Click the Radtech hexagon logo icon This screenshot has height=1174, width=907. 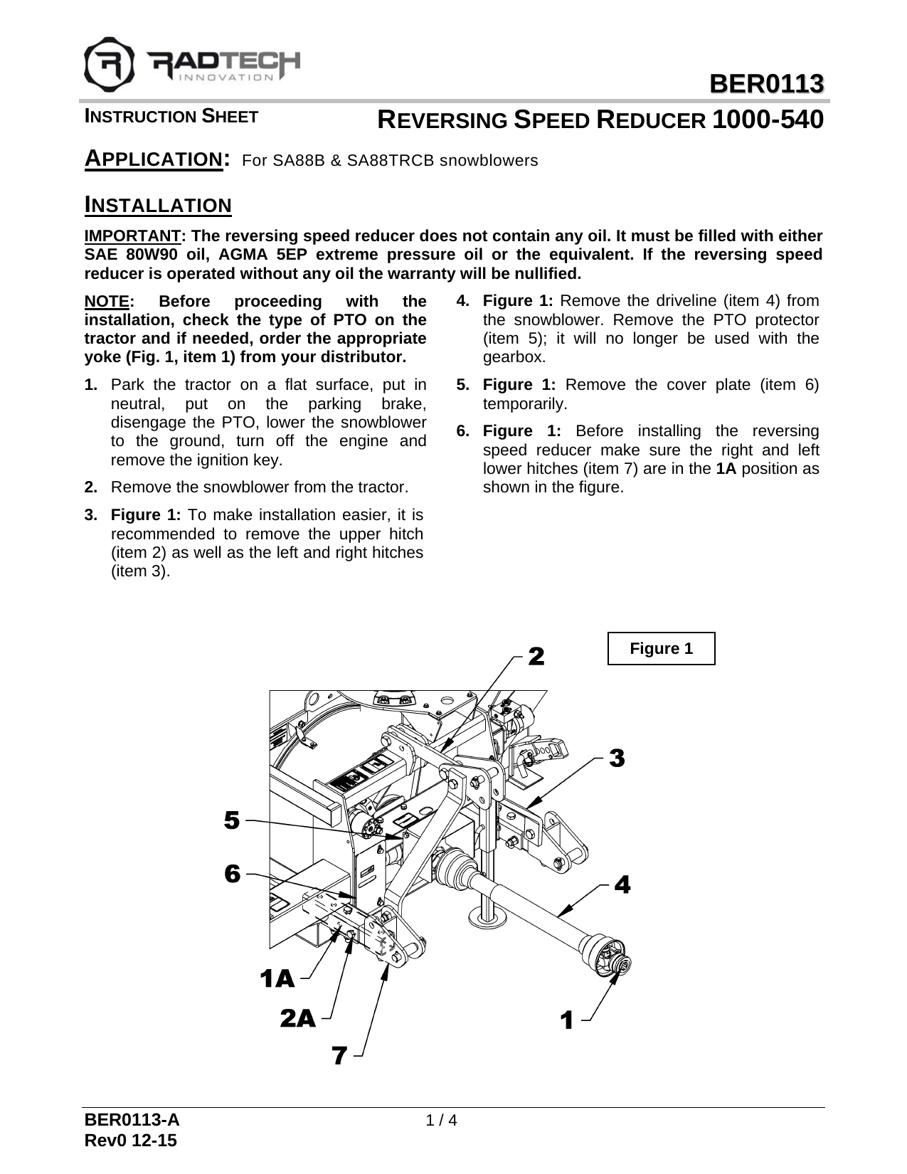(109, 61)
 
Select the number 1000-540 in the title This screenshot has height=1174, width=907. (768, 120)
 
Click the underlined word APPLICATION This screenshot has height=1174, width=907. (152, 159)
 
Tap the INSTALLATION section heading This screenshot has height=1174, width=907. (158, 206)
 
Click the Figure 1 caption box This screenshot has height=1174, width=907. (661, 648)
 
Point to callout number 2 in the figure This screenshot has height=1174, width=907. (536, 657)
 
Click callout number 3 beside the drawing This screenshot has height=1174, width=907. (617, 758)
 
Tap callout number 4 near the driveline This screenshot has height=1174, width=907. (622, 886)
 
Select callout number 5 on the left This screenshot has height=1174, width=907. (232, 820)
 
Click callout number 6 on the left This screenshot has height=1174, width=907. (232, 874)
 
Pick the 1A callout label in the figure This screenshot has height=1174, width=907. (277, 980)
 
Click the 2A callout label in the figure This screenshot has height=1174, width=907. (297, 1019)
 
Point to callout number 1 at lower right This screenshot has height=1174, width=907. (566, 1022)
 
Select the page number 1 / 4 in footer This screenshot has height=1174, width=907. (440, 1121)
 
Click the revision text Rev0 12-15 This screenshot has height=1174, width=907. (131, 1141)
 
